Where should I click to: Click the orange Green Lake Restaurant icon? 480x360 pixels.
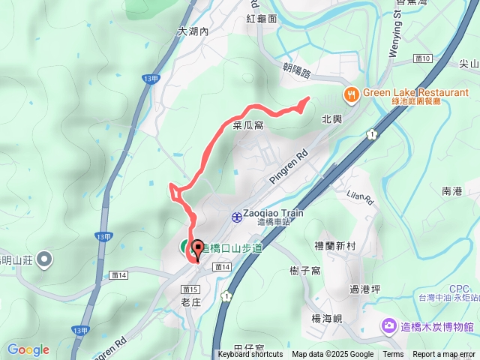(x=350, y=94)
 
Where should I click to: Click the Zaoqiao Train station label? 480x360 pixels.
(x=274, y=213)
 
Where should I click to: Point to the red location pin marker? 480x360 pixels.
(x=198, y=250)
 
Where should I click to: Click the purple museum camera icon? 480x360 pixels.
(x=389, y=326)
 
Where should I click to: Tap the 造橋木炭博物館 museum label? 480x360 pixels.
(x=438, y=327)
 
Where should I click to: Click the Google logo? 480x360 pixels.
(x=28, y=349)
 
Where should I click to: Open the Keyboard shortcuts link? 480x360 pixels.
(x=250, y=355)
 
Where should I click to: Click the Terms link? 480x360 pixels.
(x=393, y=355)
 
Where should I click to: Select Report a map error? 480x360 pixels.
(x=444, y=355)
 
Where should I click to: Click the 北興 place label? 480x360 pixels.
(x=331, y=118)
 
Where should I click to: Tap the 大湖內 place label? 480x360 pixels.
(x=193, y=32)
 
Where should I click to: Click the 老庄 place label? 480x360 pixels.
(x=192, y=302)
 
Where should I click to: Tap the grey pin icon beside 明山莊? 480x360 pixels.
(x=44, y=260)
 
